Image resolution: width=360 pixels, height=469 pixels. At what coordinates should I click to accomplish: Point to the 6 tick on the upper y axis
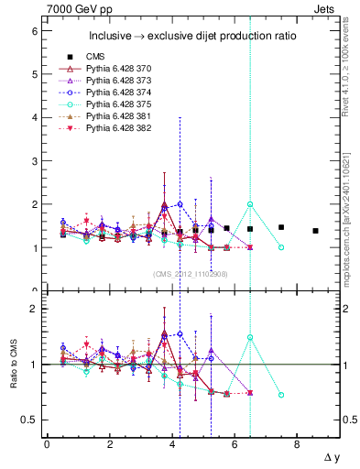pyautogui.click(x=34, y=31)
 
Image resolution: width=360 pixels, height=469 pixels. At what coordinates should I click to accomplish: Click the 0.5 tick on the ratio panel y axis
pyautogui.click(x=29, y=420)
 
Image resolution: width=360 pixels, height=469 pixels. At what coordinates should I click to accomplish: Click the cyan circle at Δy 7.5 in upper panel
pyautogui.click(x=281, y=247)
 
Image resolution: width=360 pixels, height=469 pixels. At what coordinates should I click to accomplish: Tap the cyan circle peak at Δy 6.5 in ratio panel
pyautogui.click(x=250, y=337)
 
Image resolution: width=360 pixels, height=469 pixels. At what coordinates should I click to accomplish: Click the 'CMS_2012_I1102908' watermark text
pyautogui.click(x=191, y=273)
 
